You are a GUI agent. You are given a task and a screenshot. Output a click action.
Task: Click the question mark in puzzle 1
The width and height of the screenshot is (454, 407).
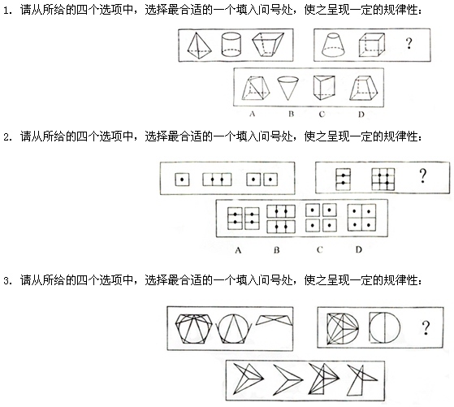tap(409, 43)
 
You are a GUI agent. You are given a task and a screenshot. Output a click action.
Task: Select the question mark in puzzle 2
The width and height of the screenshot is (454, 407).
tap(422, 175)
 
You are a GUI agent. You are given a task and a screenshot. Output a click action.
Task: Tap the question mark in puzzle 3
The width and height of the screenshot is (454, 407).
tap(426, 327)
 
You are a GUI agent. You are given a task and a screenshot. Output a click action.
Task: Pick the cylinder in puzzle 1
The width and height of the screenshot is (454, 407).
tap(231, 45)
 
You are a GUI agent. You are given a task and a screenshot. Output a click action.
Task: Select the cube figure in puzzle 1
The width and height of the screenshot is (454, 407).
tap(372, 45)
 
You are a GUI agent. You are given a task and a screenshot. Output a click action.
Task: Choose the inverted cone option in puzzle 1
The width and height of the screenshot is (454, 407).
tap(288, 88)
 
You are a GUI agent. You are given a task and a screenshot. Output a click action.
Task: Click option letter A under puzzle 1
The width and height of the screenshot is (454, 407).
tap(253, 114)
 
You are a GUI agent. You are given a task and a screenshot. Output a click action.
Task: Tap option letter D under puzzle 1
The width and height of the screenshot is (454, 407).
tap(361, 115)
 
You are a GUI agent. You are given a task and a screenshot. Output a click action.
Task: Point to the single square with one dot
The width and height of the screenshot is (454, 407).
tap(182, 180)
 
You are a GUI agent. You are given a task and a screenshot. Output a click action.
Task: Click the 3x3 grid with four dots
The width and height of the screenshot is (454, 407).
tap(383, 180)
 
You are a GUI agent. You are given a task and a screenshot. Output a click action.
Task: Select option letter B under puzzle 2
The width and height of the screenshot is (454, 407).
tap(277, 249)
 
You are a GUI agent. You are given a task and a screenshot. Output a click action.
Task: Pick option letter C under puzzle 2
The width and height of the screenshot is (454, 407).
tap(320, 249)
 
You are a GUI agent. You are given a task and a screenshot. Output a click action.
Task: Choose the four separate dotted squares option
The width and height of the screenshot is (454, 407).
tap(321, 218)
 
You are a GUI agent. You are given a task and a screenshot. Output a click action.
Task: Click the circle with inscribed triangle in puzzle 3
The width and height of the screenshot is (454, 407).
tap(233, 329)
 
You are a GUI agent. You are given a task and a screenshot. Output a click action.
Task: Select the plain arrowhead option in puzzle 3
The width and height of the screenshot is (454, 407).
tap(288, 379)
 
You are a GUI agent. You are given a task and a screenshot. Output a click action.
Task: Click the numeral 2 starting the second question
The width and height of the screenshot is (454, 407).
tap(7, 137)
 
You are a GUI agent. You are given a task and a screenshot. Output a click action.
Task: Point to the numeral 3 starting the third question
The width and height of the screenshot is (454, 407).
tap(7, 281)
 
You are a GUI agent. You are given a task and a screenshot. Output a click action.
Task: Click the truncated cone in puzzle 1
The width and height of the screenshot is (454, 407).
tap(333, 45)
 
